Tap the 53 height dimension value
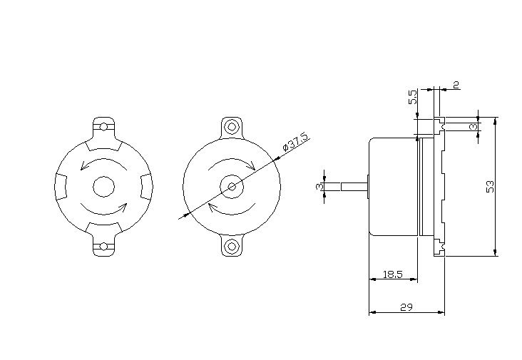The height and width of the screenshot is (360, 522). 490,186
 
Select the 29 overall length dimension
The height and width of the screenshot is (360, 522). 406,307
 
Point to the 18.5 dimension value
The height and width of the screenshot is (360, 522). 393,274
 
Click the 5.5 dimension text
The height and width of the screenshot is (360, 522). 412,97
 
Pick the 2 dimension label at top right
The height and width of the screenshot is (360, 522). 456,85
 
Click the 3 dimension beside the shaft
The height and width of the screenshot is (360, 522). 319,186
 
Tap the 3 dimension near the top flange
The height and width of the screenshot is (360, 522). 473,126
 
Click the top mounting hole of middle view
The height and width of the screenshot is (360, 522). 231,127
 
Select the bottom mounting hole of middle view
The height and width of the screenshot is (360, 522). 231,247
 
